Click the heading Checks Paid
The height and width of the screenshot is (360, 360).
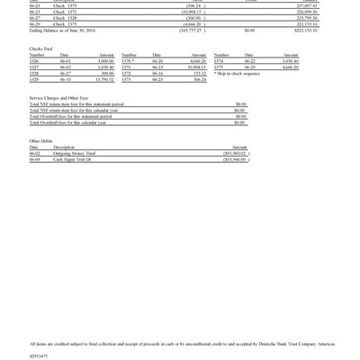point(40,48)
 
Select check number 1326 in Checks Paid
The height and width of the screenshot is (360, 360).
point(35,60)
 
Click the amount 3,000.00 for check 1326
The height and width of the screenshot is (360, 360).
point(104,60)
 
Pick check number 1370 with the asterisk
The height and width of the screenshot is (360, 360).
point(129,60)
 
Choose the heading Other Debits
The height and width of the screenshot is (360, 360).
point(41,141)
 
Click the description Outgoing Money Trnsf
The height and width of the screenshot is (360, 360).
point(75,153)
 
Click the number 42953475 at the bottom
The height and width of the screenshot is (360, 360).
point(39,356)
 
